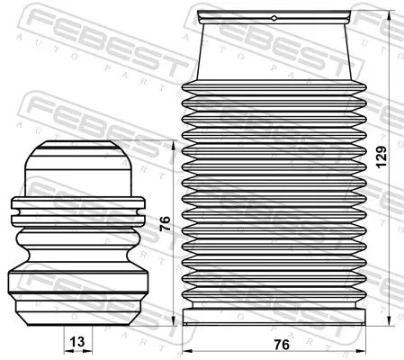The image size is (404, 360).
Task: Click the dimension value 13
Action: click(78, 340)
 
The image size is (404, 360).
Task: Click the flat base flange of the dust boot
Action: click(274, 317)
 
